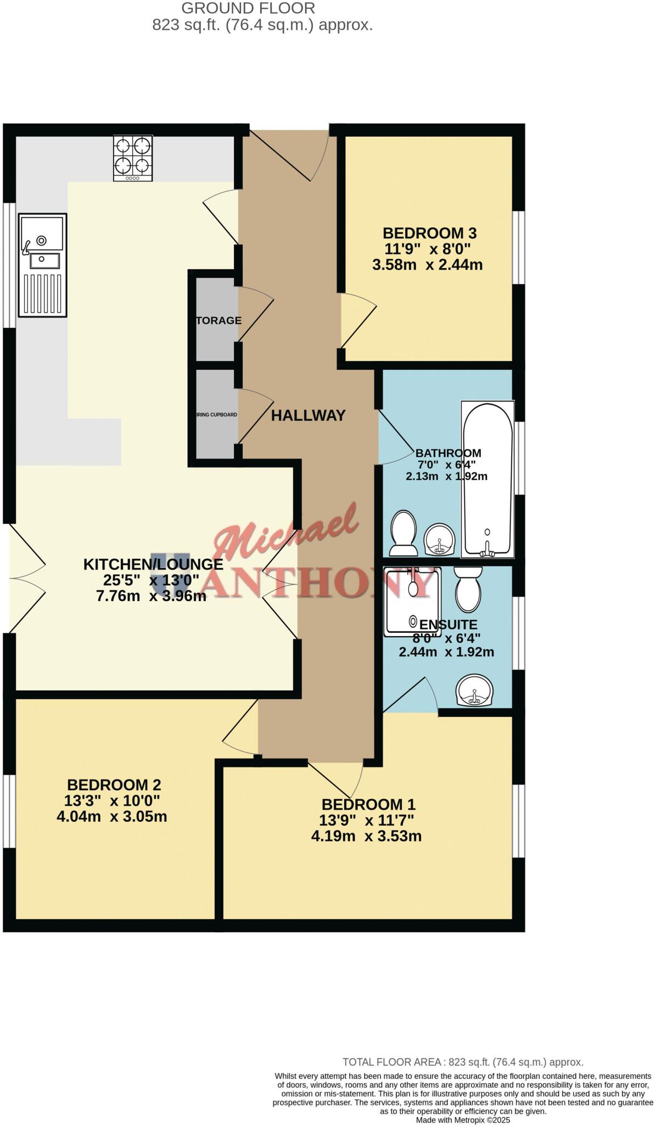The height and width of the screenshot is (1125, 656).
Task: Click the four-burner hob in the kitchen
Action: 132,158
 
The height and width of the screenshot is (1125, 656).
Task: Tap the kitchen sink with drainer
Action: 42,265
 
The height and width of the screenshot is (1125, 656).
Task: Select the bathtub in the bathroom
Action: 487,478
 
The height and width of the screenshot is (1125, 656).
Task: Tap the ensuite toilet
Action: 468,589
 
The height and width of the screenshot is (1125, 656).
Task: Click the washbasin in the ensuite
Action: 474,690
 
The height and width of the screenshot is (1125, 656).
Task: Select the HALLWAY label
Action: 308,416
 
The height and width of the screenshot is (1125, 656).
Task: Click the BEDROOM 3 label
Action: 429,233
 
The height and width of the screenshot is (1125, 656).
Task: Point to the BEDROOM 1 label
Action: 368,805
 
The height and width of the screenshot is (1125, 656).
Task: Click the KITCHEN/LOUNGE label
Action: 153,564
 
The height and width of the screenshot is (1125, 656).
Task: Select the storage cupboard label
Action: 218,320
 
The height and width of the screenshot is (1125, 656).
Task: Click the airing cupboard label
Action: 217,415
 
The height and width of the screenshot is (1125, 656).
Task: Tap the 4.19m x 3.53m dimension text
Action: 366,837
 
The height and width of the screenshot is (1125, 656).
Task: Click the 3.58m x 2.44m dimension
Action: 427,265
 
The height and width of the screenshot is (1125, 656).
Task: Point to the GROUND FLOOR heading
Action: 248,8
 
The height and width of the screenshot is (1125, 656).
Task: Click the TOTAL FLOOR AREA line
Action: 462,1062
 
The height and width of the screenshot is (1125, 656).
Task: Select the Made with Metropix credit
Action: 463,1120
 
